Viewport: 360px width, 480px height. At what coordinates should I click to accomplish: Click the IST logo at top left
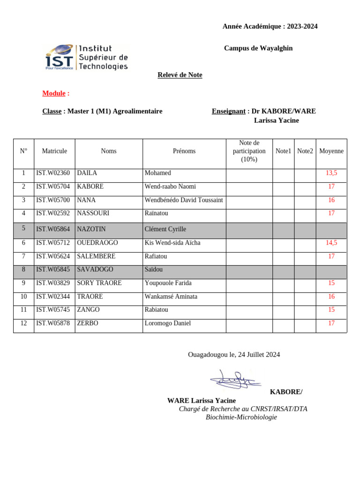tap(86, 58)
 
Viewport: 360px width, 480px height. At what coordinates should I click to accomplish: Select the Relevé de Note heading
tap(180, 75)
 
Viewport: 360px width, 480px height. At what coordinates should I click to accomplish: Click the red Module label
tap(54, 93)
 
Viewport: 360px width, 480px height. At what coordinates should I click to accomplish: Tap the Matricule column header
tap(54, 151)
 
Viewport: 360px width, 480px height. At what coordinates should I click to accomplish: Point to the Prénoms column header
tap(184, 151)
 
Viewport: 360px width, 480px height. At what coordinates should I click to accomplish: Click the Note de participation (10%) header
tap(249, 151)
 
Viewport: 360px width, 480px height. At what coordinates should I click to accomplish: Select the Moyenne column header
tap(331, 151)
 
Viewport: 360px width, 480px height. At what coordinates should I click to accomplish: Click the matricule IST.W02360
tap(53, 173)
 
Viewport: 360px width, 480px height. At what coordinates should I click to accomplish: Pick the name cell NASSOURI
tap(93, 213)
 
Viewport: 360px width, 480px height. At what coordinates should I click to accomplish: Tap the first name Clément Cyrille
tap(165, 229)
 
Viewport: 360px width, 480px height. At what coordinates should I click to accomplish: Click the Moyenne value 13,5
tap(331, 173)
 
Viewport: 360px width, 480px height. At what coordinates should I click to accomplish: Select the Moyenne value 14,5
tap(331, 243)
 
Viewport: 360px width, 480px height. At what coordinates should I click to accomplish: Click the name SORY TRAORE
tap(99, 283)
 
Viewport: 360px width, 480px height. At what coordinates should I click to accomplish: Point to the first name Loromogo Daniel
tap(167, 323)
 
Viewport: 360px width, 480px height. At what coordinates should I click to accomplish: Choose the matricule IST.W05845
tap(53, 270)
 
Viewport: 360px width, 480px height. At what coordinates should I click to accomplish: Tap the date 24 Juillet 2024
tap(259, 354)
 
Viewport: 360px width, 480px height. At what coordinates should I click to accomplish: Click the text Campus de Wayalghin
tap(258, 48)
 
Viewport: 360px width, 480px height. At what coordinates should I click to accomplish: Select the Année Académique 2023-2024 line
tap(270, 26)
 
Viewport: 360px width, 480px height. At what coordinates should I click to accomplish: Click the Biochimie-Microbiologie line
tap(241, 417)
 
